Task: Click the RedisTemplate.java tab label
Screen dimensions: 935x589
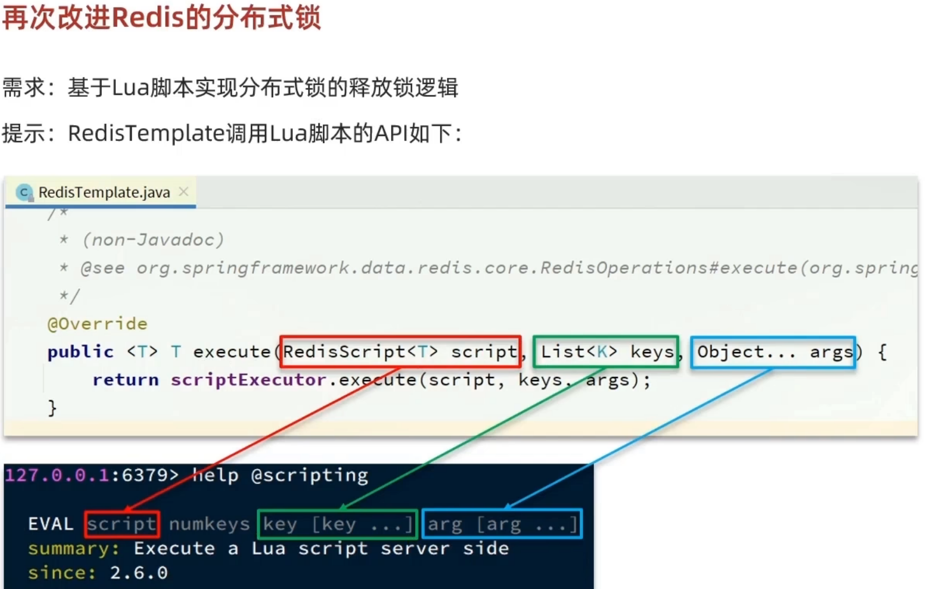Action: tap(104, 192)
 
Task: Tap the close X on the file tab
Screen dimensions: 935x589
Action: tap(183, 191)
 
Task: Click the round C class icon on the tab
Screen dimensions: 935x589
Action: tap(24, 192)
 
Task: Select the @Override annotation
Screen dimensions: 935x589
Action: tap(97, 324)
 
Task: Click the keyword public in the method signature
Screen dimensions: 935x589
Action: tap(80, 352)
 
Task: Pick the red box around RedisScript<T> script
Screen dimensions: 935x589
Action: tap(400, 352)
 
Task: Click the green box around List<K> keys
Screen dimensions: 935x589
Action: tap(606, 352)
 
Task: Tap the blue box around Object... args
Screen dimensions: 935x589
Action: tap(773, 352)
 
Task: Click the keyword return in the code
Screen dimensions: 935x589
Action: tap(125, 380)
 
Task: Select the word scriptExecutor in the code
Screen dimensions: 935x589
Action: tap(248, 380)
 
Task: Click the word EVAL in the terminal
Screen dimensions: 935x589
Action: tap(51, 524)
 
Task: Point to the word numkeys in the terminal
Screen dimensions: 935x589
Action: tap(209, 524)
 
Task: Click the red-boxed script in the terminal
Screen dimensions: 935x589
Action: tap(122, 524)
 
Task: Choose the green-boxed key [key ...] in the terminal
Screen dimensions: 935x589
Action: tap(338, 524)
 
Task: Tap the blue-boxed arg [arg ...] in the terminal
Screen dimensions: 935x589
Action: tap(502, 524)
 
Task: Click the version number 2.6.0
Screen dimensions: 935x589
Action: tap(139, 573)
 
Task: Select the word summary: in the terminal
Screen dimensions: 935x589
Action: tap(73, 548)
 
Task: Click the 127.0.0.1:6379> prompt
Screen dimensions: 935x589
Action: tap(91, 476)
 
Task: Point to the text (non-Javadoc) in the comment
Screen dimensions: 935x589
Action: tap(153, 239)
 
